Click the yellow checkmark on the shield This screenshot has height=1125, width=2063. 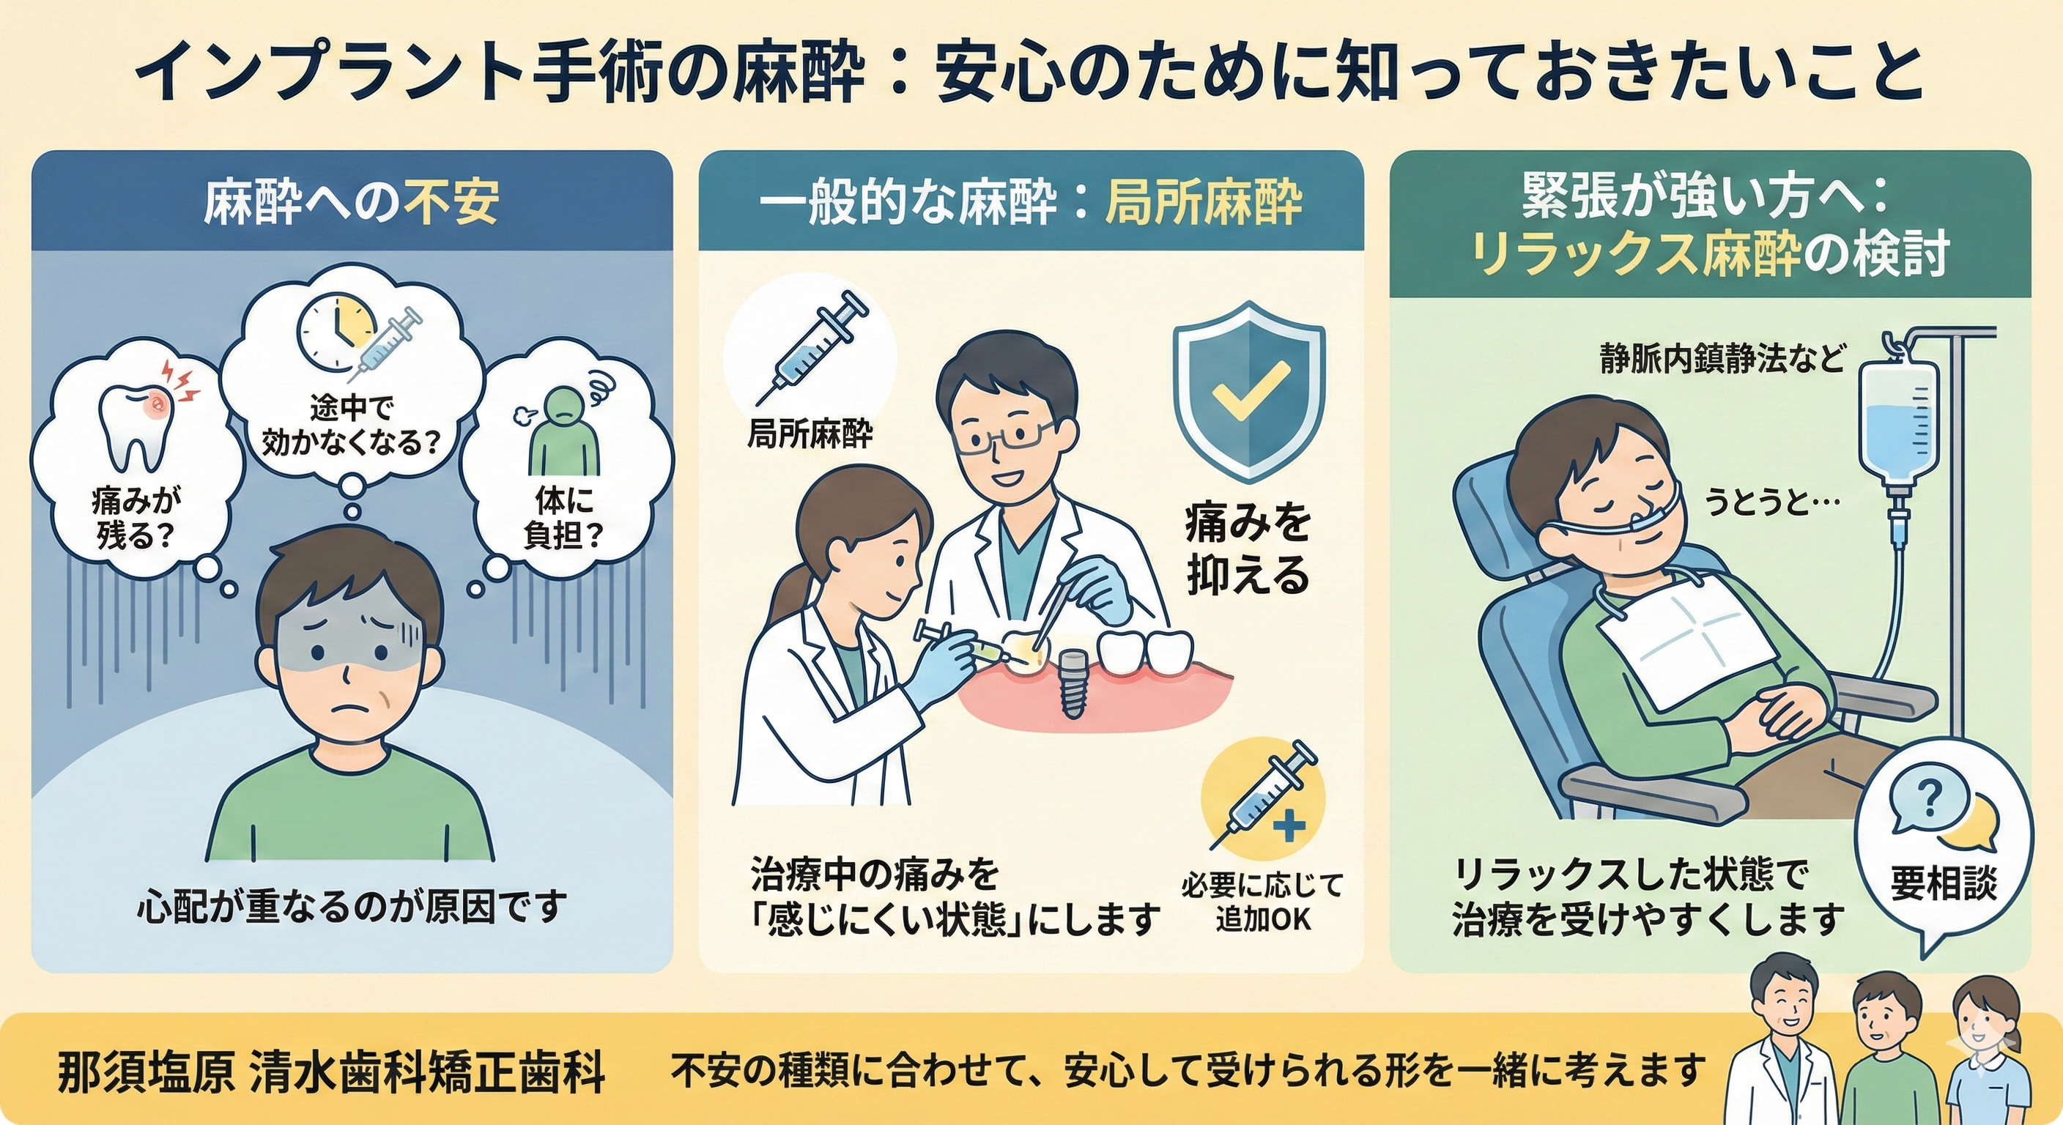1249,389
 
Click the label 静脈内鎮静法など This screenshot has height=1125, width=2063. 1722,360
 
